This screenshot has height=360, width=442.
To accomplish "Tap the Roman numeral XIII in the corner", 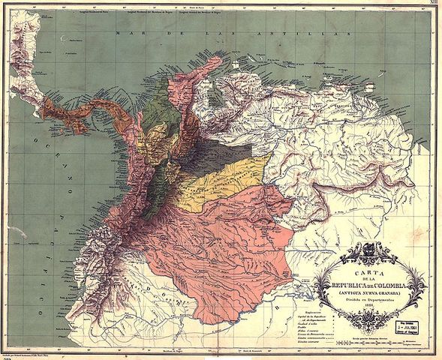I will coord(432,5).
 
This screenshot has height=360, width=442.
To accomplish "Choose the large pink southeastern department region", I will coord(225,232).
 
